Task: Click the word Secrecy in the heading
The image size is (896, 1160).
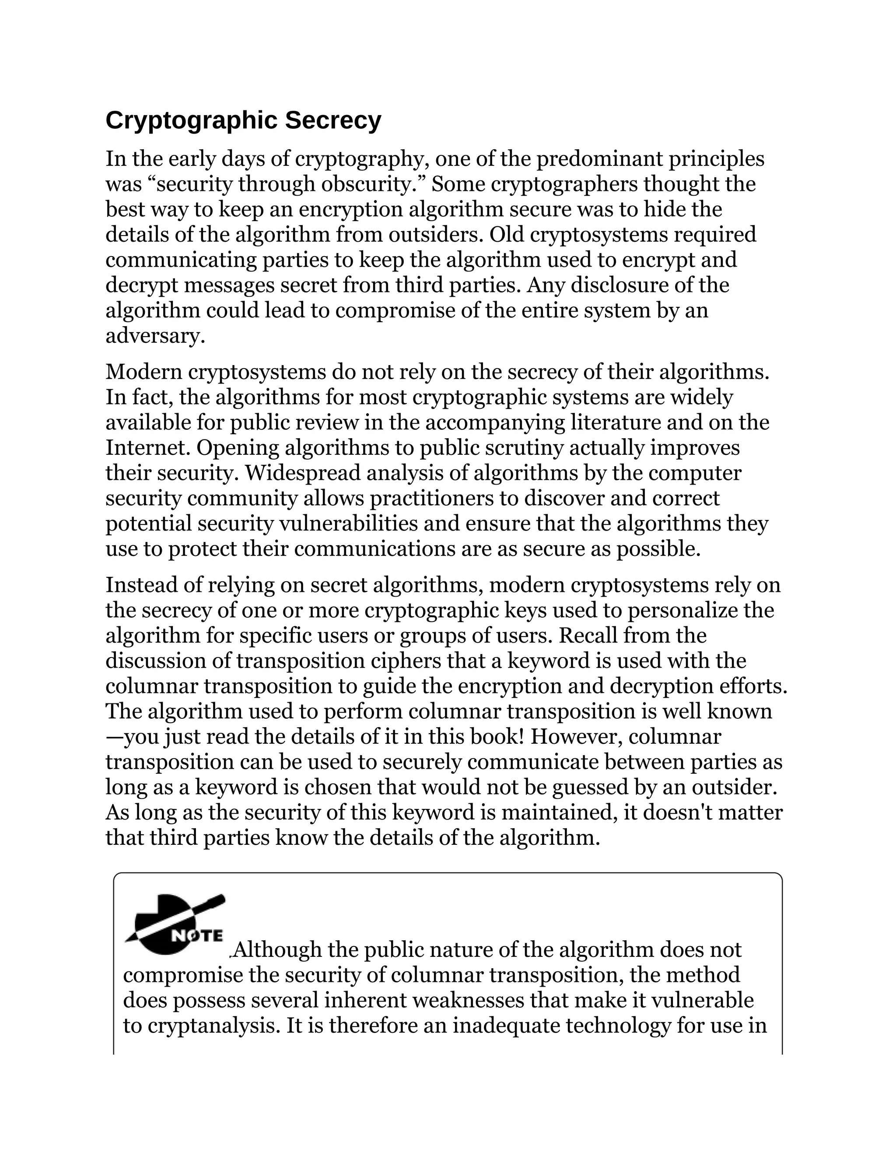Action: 333,120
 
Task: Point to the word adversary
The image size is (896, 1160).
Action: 154,336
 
